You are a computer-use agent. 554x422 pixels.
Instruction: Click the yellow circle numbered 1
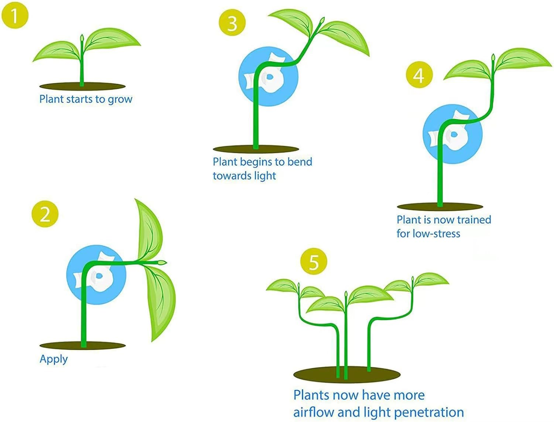pyautogui.click(x=15, y=15)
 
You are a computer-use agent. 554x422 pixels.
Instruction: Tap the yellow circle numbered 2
pyautogui.click(x=45, y=214)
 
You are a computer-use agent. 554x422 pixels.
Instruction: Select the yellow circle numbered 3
pyautogui.click(x=232, y=23)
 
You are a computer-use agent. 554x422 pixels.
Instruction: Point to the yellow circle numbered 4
pyautogui.click(x=419, y=75)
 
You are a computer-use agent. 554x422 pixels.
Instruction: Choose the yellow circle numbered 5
pyautogui.click(x=314, y=261)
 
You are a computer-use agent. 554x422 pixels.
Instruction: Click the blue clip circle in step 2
pyautogui.click(x=96, y=275)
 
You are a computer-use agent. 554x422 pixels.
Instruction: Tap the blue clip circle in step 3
pyautogui.click(x=268, y=76)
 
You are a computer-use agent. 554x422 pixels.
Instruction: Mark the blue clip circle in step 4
pyautogui.click(x=452, y=134)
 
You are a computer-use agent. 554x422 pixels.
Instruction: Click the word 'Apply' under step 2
pyautogui.click(x=54, y=359)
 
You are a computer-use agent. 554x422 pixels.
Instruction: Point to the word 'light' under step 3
pyautogui.click(x=265, y=176)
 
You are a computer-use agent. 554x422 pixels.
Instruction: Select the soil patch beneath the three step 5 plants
pyautogui.click(x=346, y=375)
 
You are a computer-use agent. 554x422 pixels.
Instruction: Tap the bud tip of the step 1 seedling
pyautogui.click(x=82, y=38)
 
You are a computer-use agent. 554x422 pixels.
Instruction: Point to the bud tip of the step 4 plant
pyautogui.click(x=493, y=58)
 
